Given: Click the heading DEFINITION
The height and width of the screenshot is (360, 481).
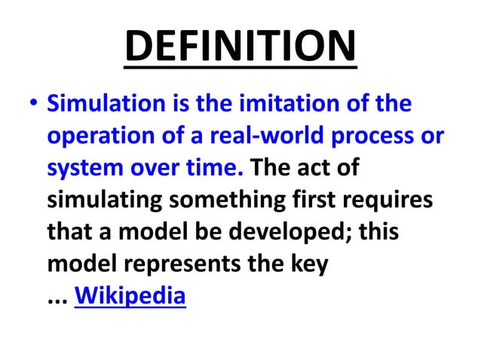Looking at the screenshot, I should click(x=240, y=46).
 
